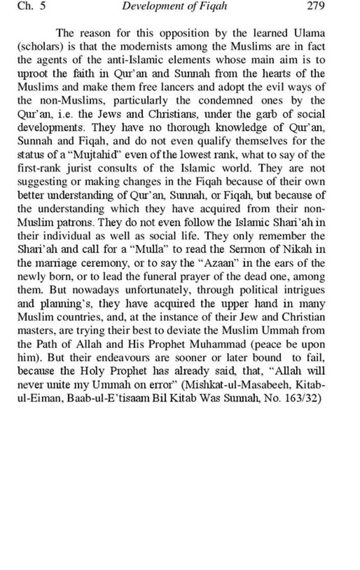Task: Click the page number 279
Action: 315,6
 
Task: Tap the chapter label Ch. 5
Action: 31,6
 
